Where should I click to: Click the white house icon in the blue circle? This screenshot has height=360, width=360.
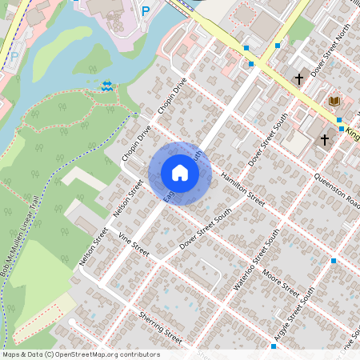(180, 173)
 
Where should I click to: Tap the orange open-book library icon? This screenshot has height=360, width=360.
(334, 101)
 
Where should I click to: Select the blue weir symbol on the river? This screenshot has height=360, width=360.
(107, 86)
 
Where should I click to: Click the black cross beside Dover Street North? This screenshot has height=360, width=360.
(299, 79)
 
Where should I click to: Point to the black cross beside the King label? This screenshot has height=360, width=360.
(325, 139)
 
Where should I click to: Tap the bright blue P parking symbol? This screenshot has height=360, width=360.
(145, 10)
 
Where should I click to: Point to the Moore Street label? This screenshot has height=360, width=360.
(281, 282)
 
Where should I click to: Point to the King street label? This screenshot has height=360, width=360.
(353, 135)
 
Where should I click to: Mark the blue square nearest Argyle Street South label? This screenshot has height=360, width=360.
(273, 346)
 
